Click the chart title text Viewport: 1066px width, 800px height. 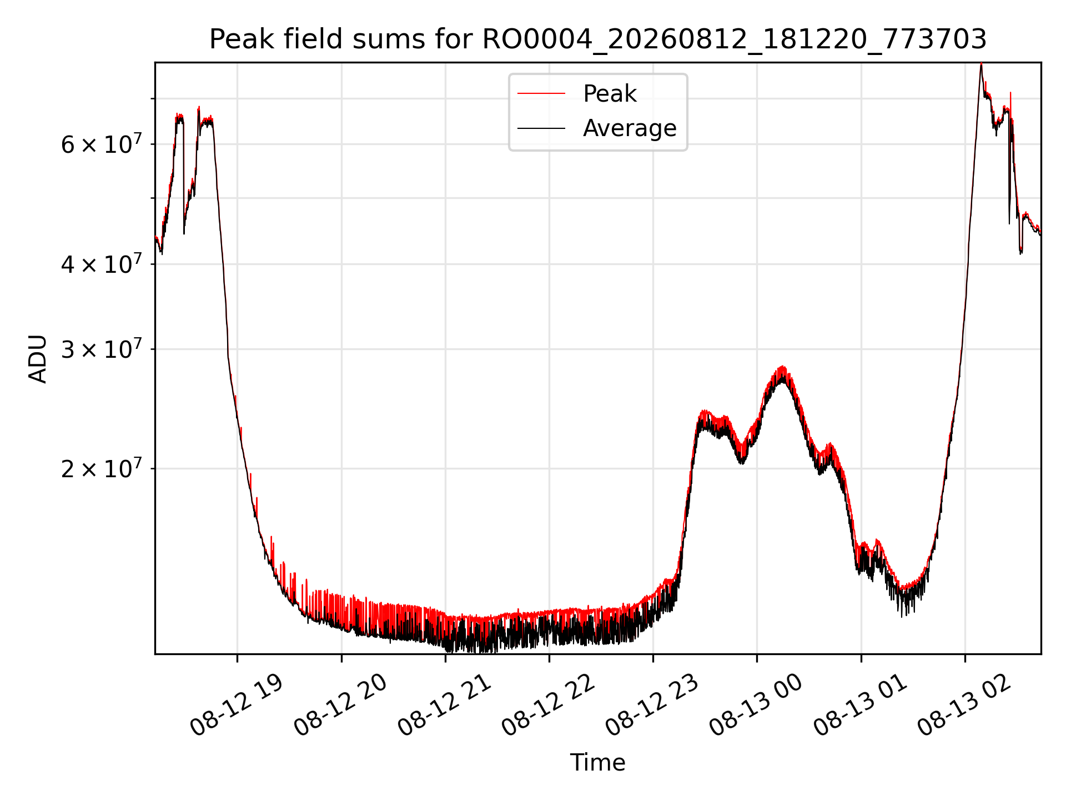point(598,39)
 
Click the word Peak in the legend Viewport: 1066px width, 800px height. point(610,93)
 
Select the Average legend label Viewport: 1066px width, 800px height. point(630,128)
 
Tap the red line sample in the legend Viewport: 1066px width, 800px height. point(541,94)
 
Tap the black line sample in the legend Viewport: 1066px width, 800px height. point(541,128)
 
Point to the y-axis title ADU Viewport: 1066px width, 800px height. point(38,359)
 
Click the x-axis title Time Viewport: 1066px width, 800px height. point(597,763)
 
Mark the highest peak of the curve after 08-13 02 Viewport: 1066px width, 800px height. point(981,63)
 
